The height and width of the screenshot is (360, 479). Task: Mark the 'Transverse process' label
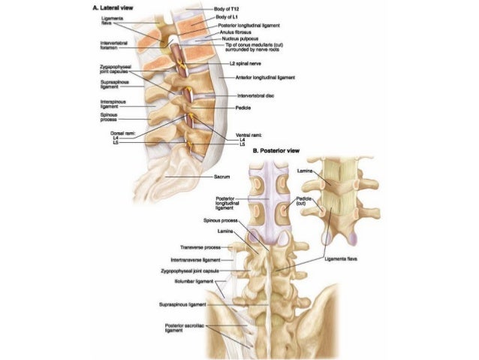pyautogui.click(x=201, y=247)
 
